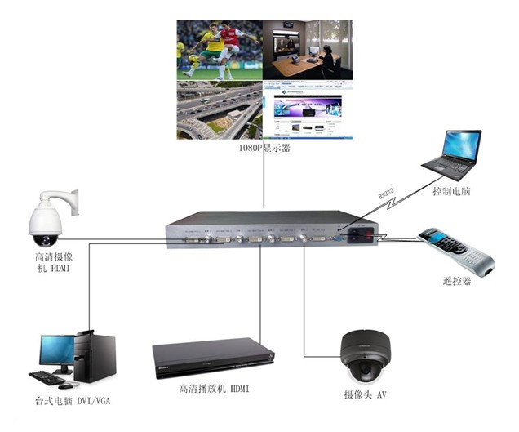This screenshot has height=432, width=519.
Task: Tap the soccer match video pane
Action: click(220, 49)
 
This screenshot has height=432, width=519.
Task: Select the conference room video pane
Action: click(308, 49)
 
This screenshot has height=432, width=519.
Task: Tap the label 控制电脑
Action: click(452, 193)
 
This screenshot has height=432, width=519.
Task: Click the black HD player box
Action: click(212, 357)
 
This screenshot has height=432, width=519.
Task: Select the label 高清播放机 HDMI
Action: click(214, 390)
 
